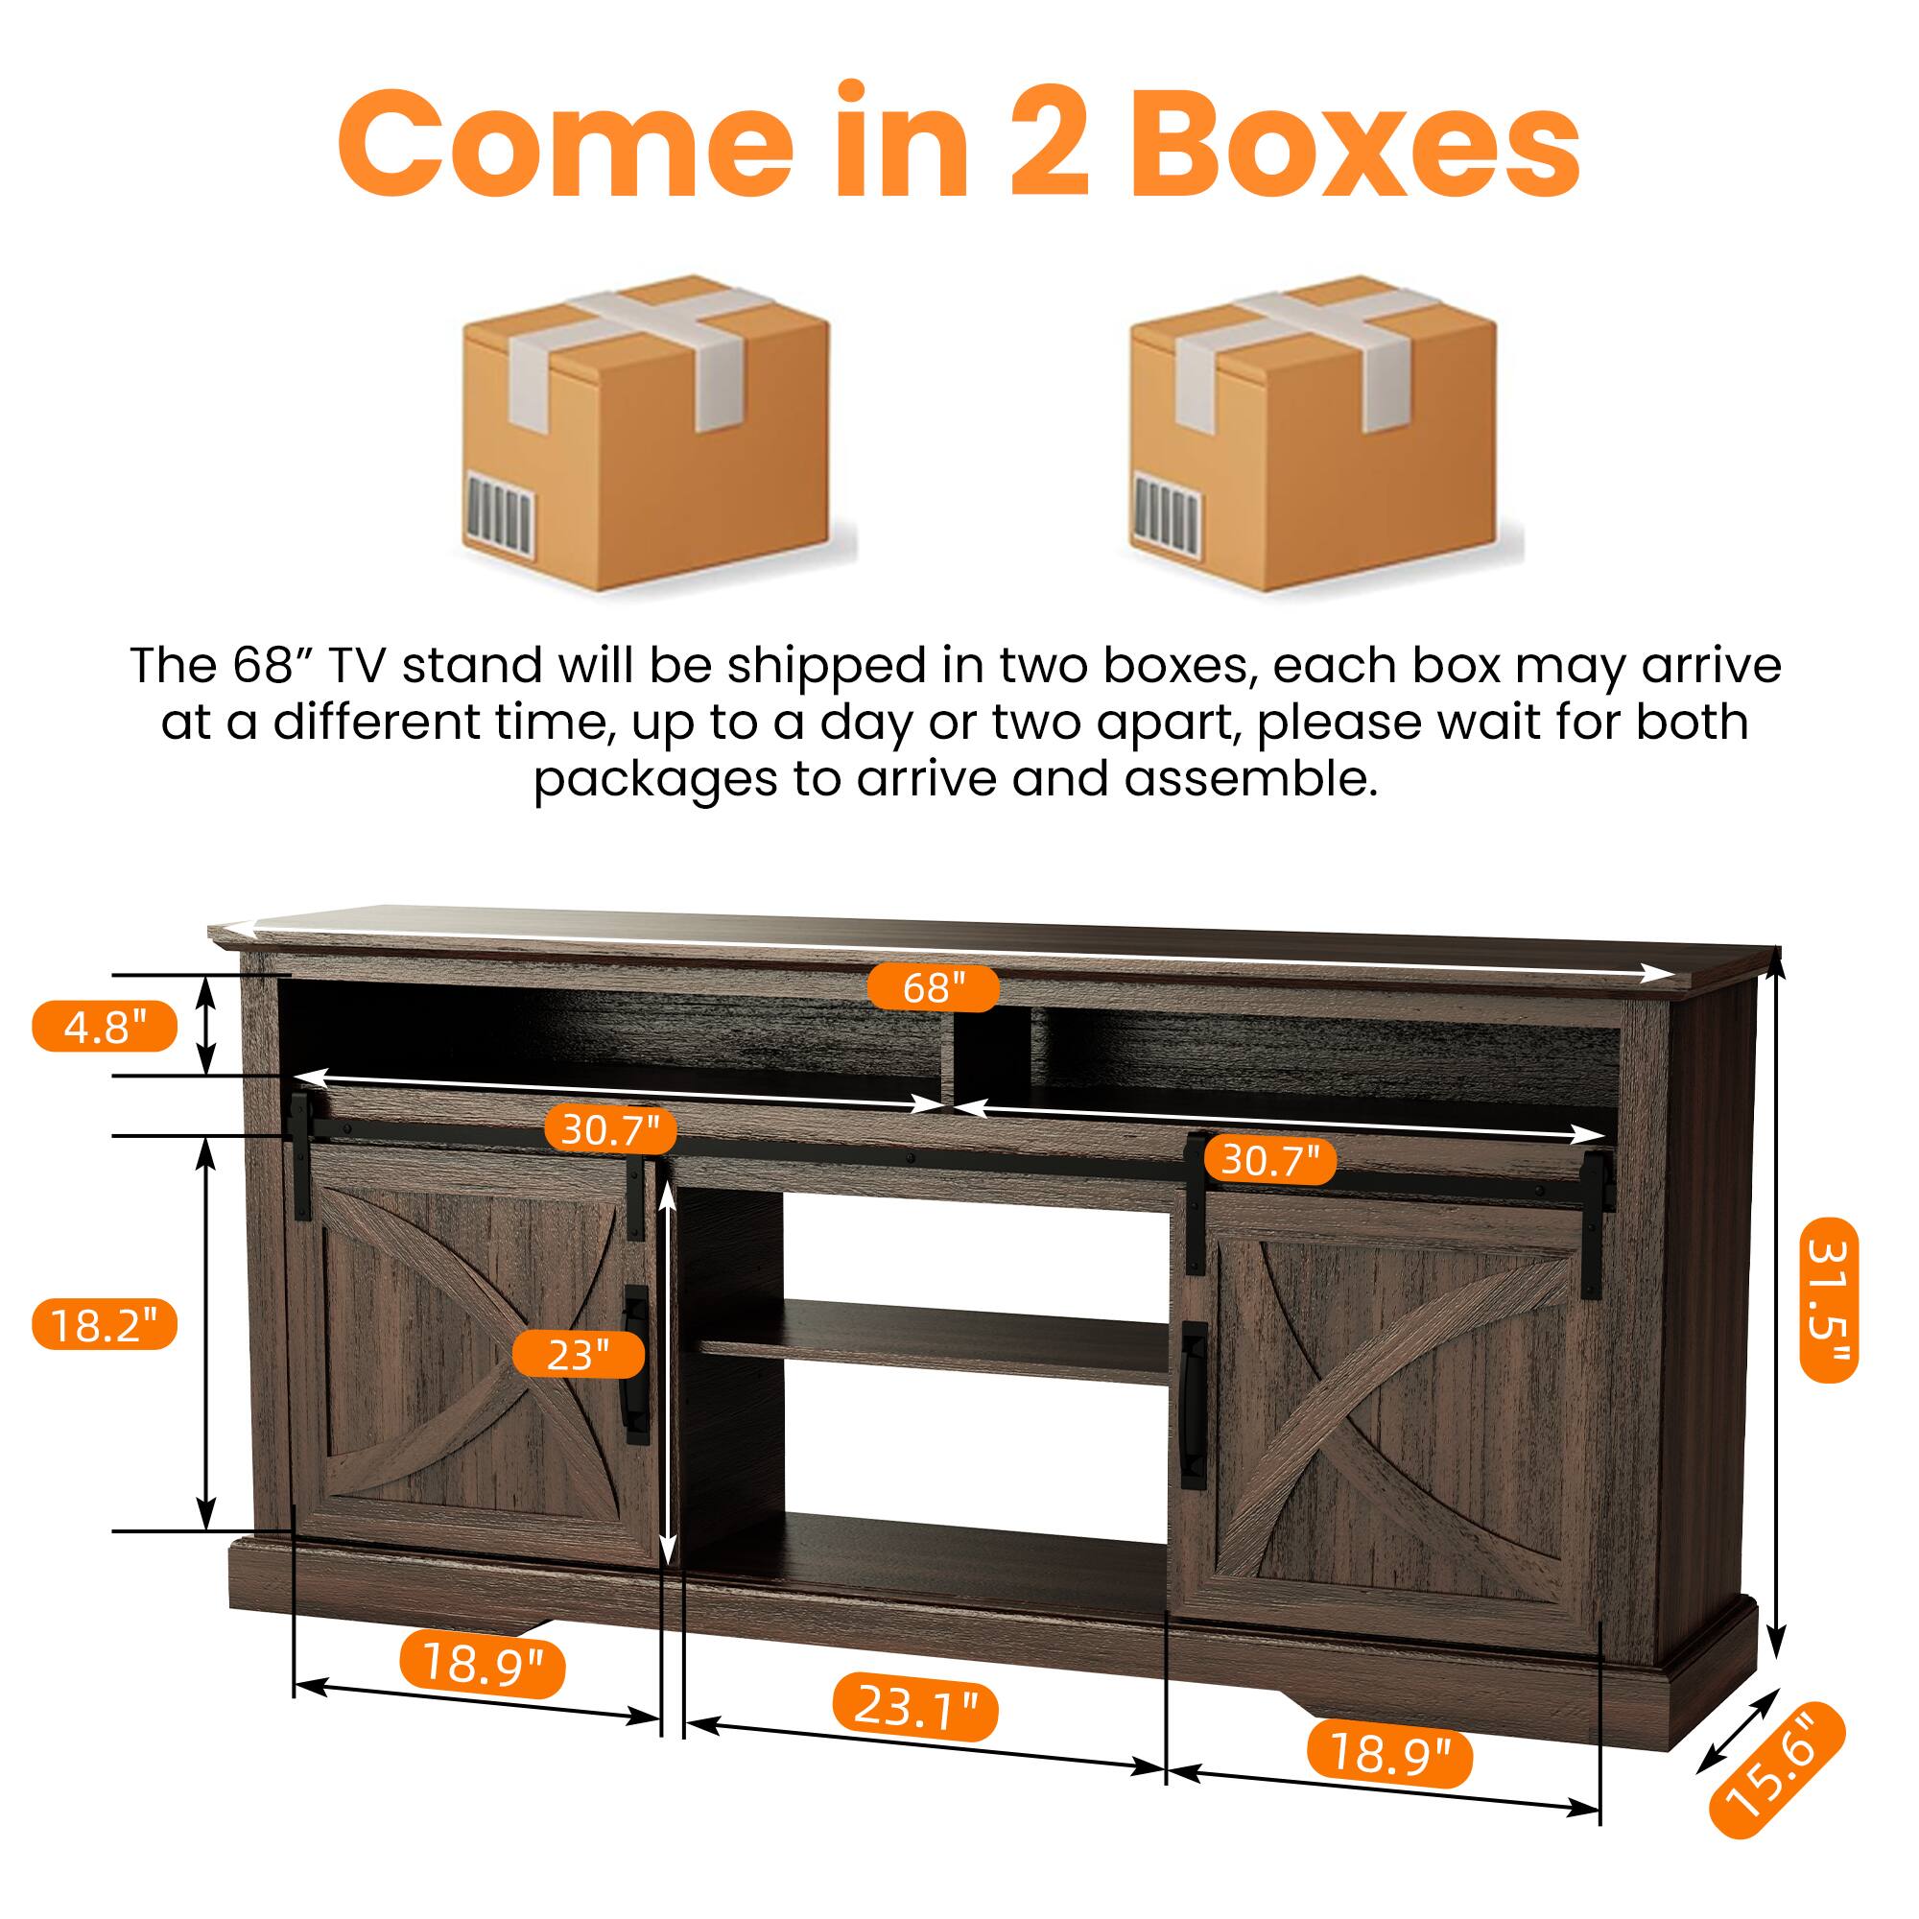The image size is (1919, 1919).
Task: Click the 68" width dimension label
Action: (933, 987)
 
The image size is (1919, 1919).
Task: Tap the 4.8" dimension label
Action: (105, 1026)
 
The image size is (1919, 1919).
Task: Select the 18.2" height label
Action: (105, 1325)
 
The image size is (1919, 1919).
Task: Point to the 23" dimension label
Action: (577, 1354)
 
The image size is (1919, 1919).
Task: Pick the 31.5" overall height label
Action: (1829, 1300)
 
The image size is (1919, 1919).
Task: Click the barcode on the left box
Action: (500, 510)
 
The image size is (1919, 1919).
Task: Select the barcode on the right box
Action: (1167, 510)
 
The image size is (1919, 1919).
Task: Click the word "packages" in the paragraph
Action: (655, 781)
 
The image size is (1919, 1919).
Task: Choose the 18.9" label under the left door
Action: (483, 1662)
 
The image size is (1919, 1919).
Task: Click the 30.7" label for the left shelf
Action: (610, 1129)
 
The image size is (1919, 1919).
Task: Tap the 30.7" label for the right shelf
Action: (1269, 1159)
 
